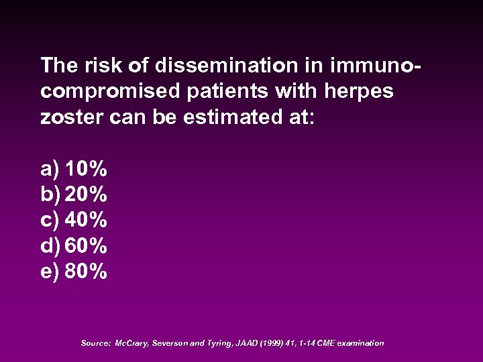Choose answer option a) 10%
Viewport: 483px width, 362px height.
click(74, 169)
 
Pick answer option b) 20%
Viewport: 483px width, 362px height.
click(74, 194)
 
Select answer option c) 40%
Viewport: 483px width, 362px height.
click(74, 220)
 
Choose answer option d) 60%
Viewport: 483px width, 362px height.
click(74, 246)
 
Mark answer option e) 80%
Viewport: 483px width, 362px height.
click(74, 271)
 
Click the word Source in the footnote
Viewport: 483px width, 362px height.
click(95, 343)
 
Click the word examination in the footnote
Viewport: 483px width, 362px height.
click(360, 343)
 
